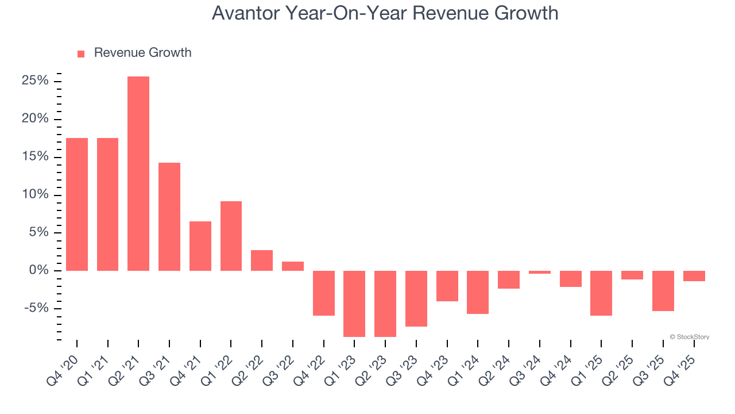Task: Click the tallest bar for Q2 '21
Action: [x=138, y=174]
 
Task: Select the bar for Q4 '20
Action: [x=77, y=204]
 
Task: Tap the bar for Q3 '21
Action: [x=169, y=217]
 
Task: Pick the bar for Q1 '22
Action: [x=231, y=236]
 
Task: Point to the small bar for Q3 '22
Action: [x=293, y=266]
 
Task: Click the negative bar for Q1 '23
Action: [x=354, y=304]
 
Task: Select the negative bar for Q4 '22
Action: [x=324, y=293]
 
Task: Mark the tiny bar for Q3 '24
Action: [x=540, y=273]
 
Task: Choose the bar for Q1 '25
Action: [x=601, y=293]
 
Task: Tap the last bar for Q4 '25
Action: [x=694, y=276]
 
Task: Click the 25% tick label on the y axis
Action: [x=35, y=81]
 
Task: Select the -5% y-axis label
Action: [x=36, y=308]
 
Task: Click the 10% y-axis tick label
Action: [x=35, y=195]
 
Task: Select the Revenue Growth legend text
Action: [x=142, y=53]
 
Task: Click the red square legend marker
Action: [x=81, y=53]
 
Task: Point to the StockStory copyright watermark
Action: [x=689, y=337]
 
